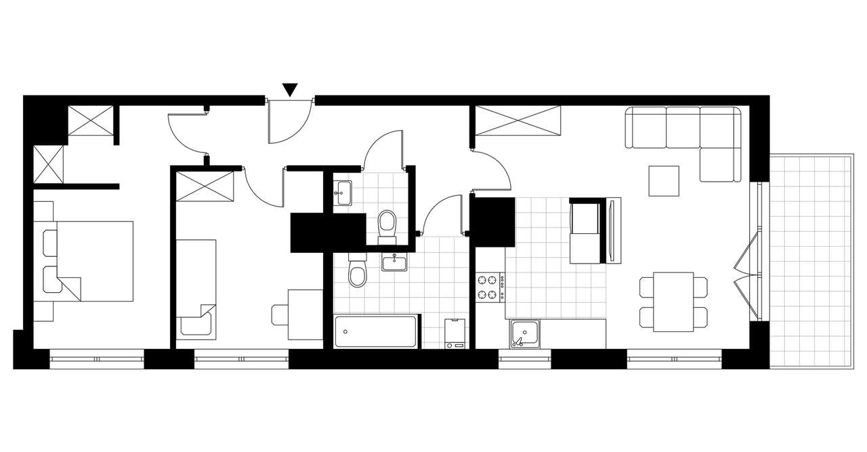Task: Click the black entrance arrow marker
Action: click(290, 89)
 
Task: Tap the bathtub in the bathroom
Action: click(375, 332)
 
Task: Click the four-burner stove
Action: click(489, 286)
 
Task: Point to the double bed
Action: click(95, 260)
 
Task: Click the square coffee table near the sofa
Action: click(664, 181)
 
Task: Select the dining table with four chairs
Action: click(673, 302)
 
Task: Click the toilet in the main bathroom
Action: click(357, 272)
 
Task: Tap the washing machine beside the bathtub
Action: click(455, 333)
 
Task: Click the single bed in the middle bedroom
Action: click(196, 287)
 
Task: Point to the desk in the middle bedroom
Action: click(305, 314)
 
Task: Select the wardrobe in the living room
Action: click(519, 121)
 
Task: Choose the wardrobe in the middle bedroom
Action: click(205, 186)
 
